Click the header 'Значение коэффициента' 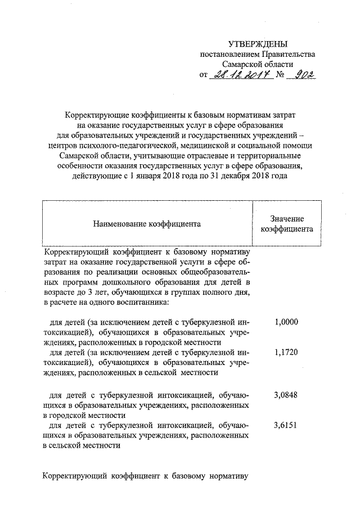pyautogui.click(x=287, y=224)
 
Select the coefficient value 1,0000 pyautogui.click(x=286, y=322)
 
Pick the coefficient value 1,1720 pyautogui.click(x=286, y=352)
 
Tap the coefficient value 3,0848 pyautogui.click(x=286, y=395)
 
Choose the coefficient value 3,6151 pyautogui.click(x=286, y=426)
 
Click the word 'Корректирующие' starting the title pyautogui.click(x=96, y=115)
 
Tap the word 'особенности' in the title pyautogui.click(x=76, y=166)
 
